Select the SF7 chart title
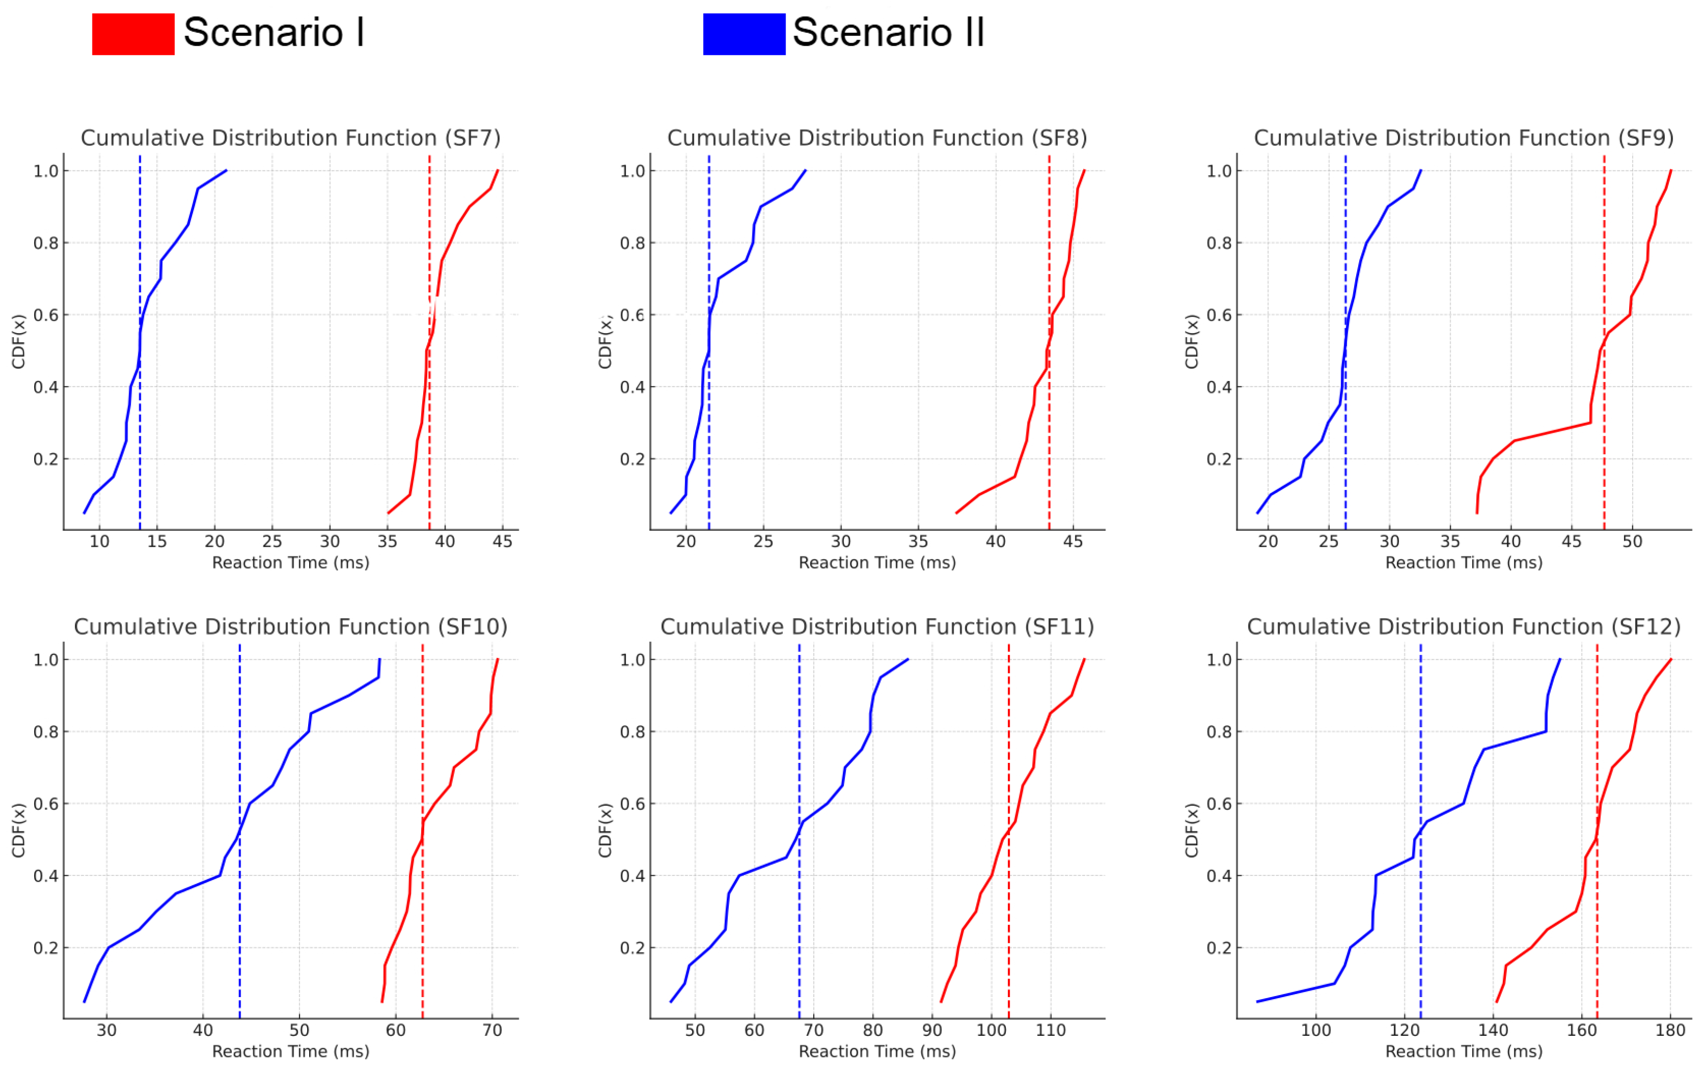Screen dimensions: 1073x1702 pyautogui.click(x=291, y=138)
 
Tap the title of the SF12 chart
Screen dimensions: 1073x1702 pyautogui.click(x=1463, y=627)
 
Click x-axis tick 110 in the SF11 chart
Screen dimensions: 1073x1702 pyautogui.click(x=1051, y=1030)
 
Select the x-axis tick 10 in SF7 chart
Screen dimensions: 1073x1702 pyautogui.click(x=100, y=541)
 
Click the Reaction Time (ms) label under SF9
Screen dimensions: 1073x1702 pyautogui.click(x=1463, y=563)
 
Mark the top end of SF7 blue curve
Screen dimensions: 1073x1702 pyautogui.click(x=226, y=170)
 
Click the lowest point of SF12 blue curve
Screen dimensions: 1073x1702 pyautogui.click(x=1258, y=1002)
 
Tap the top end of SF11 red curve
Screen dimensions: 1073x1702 pyautogui.click(x=1084, y=659)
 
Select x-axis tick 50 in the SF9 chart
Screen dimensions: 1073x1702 pyautogui.click(x=1632, y=541)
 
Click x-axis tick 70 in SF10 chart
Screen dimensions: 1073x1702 pyautogui.click(x=493, y=1030)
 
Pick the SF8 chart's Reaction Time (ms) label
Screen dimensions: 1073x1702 pyautogui.click(x=877, y=563)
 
